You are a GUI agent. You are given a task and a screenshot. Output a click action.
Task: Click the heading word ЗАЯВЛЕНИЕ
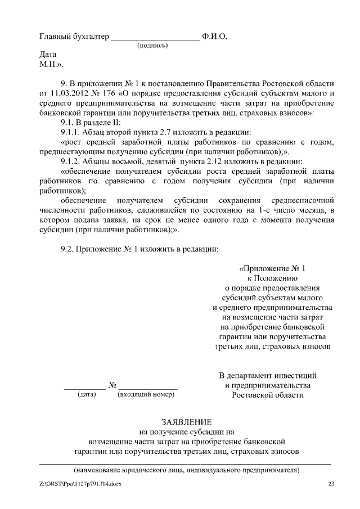[186, 422]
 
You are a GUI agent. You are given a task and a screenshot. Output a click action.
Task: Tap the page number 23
[331, 484]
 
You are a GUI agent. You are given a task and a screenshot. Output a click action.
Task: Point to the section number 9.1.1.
[71, 133]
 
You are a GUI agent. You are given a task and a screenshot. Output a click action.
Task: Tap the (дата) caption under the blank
[87, 395]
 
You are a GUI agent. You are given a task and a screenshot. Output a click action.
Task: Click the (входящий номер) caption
[146, 395]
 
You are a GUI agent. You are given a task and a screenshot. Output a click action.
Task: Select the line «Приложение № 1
[275, 268]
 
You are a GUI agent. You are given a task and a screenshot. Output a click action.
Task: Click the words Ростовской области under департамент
[268, 395]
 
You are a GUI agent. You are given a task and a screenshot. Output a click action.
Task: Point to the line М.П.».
[51, 65]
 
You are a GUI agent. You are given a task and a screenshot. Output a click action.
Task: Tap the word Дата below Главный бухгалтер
[48, 56]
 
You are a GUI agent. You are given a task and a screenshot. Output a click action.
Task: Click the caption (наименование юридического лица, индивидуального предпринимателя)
[186, 470]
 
